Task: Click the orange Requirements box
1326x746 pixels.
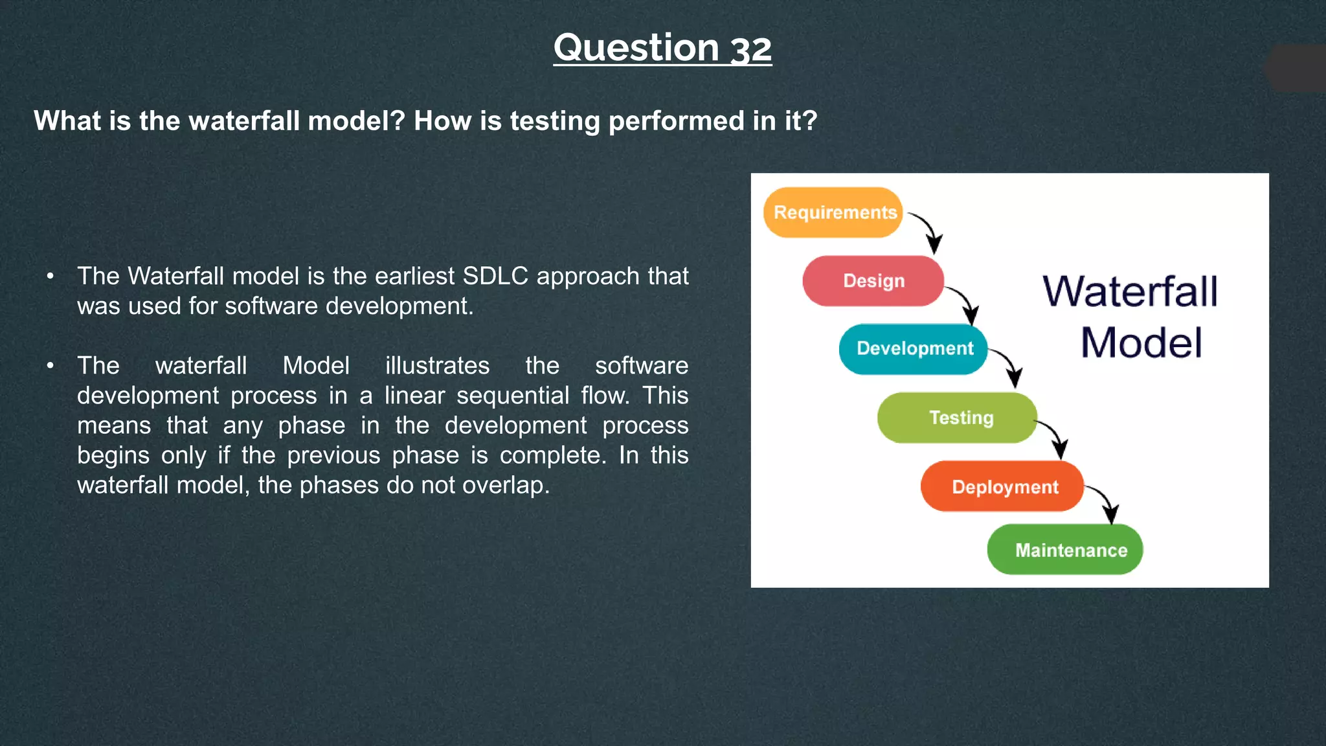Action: (833, 212)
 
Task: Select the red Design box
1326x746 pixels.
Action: (873, 281)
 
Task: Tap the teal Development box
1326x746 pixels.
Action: (914, 349)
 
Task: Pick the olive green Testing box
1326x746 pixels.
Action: (957, 418)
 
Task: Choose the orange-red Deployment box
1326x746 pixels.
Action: (1002, 486)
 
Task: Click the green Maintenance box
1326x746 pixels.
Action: (1065, 550)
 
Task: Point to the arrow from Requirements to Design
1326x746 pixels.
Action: (929, 230)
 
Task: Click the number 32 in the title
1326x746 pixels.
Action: (751, 49)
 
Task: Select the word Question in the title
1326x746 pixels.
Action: (636, 49)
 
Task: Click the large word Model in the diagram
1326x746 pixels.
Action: (1141, 343)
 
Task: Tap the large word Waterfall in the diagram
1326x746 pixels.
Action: (1130, 291)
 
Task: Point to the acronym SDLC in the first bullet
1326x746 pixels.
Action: (495, 277)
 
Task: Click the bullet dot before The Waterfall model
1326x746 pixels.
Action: (51, 277)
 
